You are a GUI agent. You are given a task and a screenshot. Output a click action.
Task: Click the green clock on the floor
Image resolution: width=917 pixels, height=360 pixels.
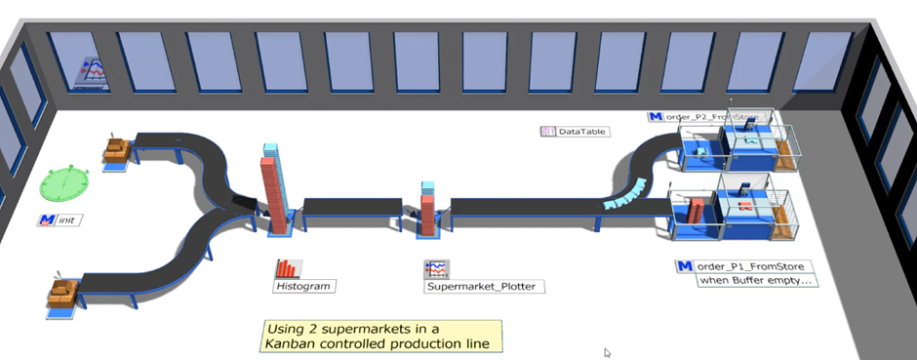(65, 183)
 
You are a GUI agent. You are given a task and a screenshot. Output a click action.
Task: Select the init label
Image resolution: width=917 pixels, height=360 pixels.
(67, 220)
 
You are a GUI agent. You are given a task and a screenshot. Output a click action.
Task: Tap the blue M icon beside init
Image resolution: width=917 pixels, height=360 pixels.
(46, 220)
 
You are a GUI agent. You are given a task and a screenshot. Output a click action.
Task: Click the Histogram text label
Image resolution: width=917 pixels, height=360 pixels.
(303, 287)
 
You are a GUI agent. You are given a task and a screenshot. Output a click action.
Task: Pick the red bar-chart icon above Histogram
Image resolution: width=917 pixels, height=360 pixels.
(288, 268)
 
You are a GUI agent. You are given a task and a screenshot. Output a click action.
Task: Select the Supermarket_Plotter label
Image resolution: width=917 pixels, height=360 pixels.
(484, 287)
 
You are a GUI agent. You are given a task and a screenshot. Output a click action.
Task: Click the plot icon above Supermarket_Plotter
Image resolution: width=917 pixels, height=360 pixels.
(435, 268)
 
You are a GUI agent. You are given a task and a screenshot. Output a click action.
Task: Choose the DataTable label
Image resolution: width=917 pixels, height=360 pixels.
(583, 131)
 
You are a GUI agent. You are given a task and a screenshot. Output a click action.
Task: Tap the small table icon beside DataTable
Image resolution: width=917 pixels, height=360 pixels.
(547, 131)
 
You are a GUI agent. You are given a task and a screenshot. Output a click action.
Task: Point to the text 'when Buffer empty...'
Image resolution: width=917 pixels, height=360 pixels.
(756, 280)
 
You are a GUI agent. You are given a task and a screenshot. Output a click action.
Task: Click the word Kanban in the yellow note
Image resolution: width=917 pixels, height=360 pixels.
(292, 343)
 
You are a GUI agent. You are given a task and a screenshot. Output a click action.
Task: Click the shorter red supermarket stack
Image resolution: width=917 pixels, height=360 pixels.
(427, 210)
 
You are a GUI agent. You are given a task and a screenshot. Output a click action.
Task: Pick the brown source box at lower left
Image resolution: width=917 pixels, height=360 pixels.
(64, 291)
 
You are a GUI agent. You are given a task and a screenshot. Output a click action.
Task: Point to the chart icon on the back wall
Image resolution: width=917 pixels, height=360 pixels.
(95, 72)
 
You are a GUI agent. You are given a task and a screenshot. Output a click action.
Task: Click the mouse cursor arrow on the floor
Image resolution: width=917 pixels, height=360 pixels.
(606, 352)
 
